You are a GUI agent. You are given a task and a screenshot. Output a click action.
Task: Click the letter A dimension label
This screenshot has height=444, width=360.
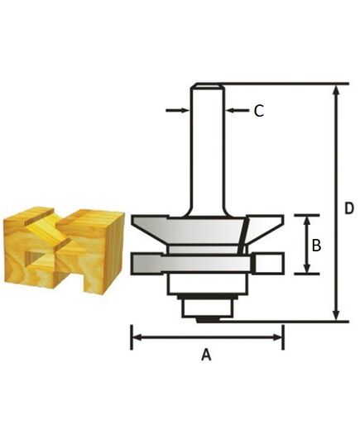(207, 355)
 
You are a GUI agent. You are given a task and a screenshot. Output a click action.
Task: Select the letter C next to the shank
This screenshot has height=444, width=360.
(258, 111)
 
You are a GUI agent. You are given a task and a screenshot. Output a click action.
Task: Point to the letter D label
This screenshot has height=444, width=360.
(348, 207)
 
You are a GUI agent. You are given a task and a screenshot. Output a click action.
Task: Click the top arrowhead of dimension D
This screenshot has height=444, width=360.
(335, 89)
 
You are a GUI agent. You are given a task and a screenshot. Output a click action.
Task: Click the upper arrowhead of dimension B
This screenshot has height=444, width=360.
(307, 220)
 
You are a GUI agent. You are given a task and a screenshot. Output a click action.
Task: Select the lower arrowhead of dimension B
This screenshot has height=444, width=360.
(307, 269)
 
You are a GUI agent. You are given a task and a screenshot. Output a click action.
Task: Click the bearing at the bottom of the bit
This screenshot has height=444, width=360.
(206, 307)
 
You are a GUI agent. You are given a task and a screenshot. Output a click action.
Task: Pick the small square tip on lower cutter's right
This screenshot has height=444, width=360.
(268, 264)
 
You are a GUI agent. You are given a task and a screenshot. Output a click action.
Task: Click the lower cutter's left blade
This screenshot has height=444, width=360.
(149, 264)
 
